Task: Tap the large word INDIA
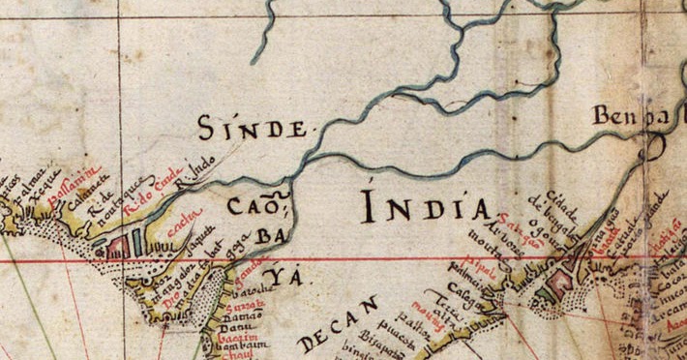click(x=426, y=206)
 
